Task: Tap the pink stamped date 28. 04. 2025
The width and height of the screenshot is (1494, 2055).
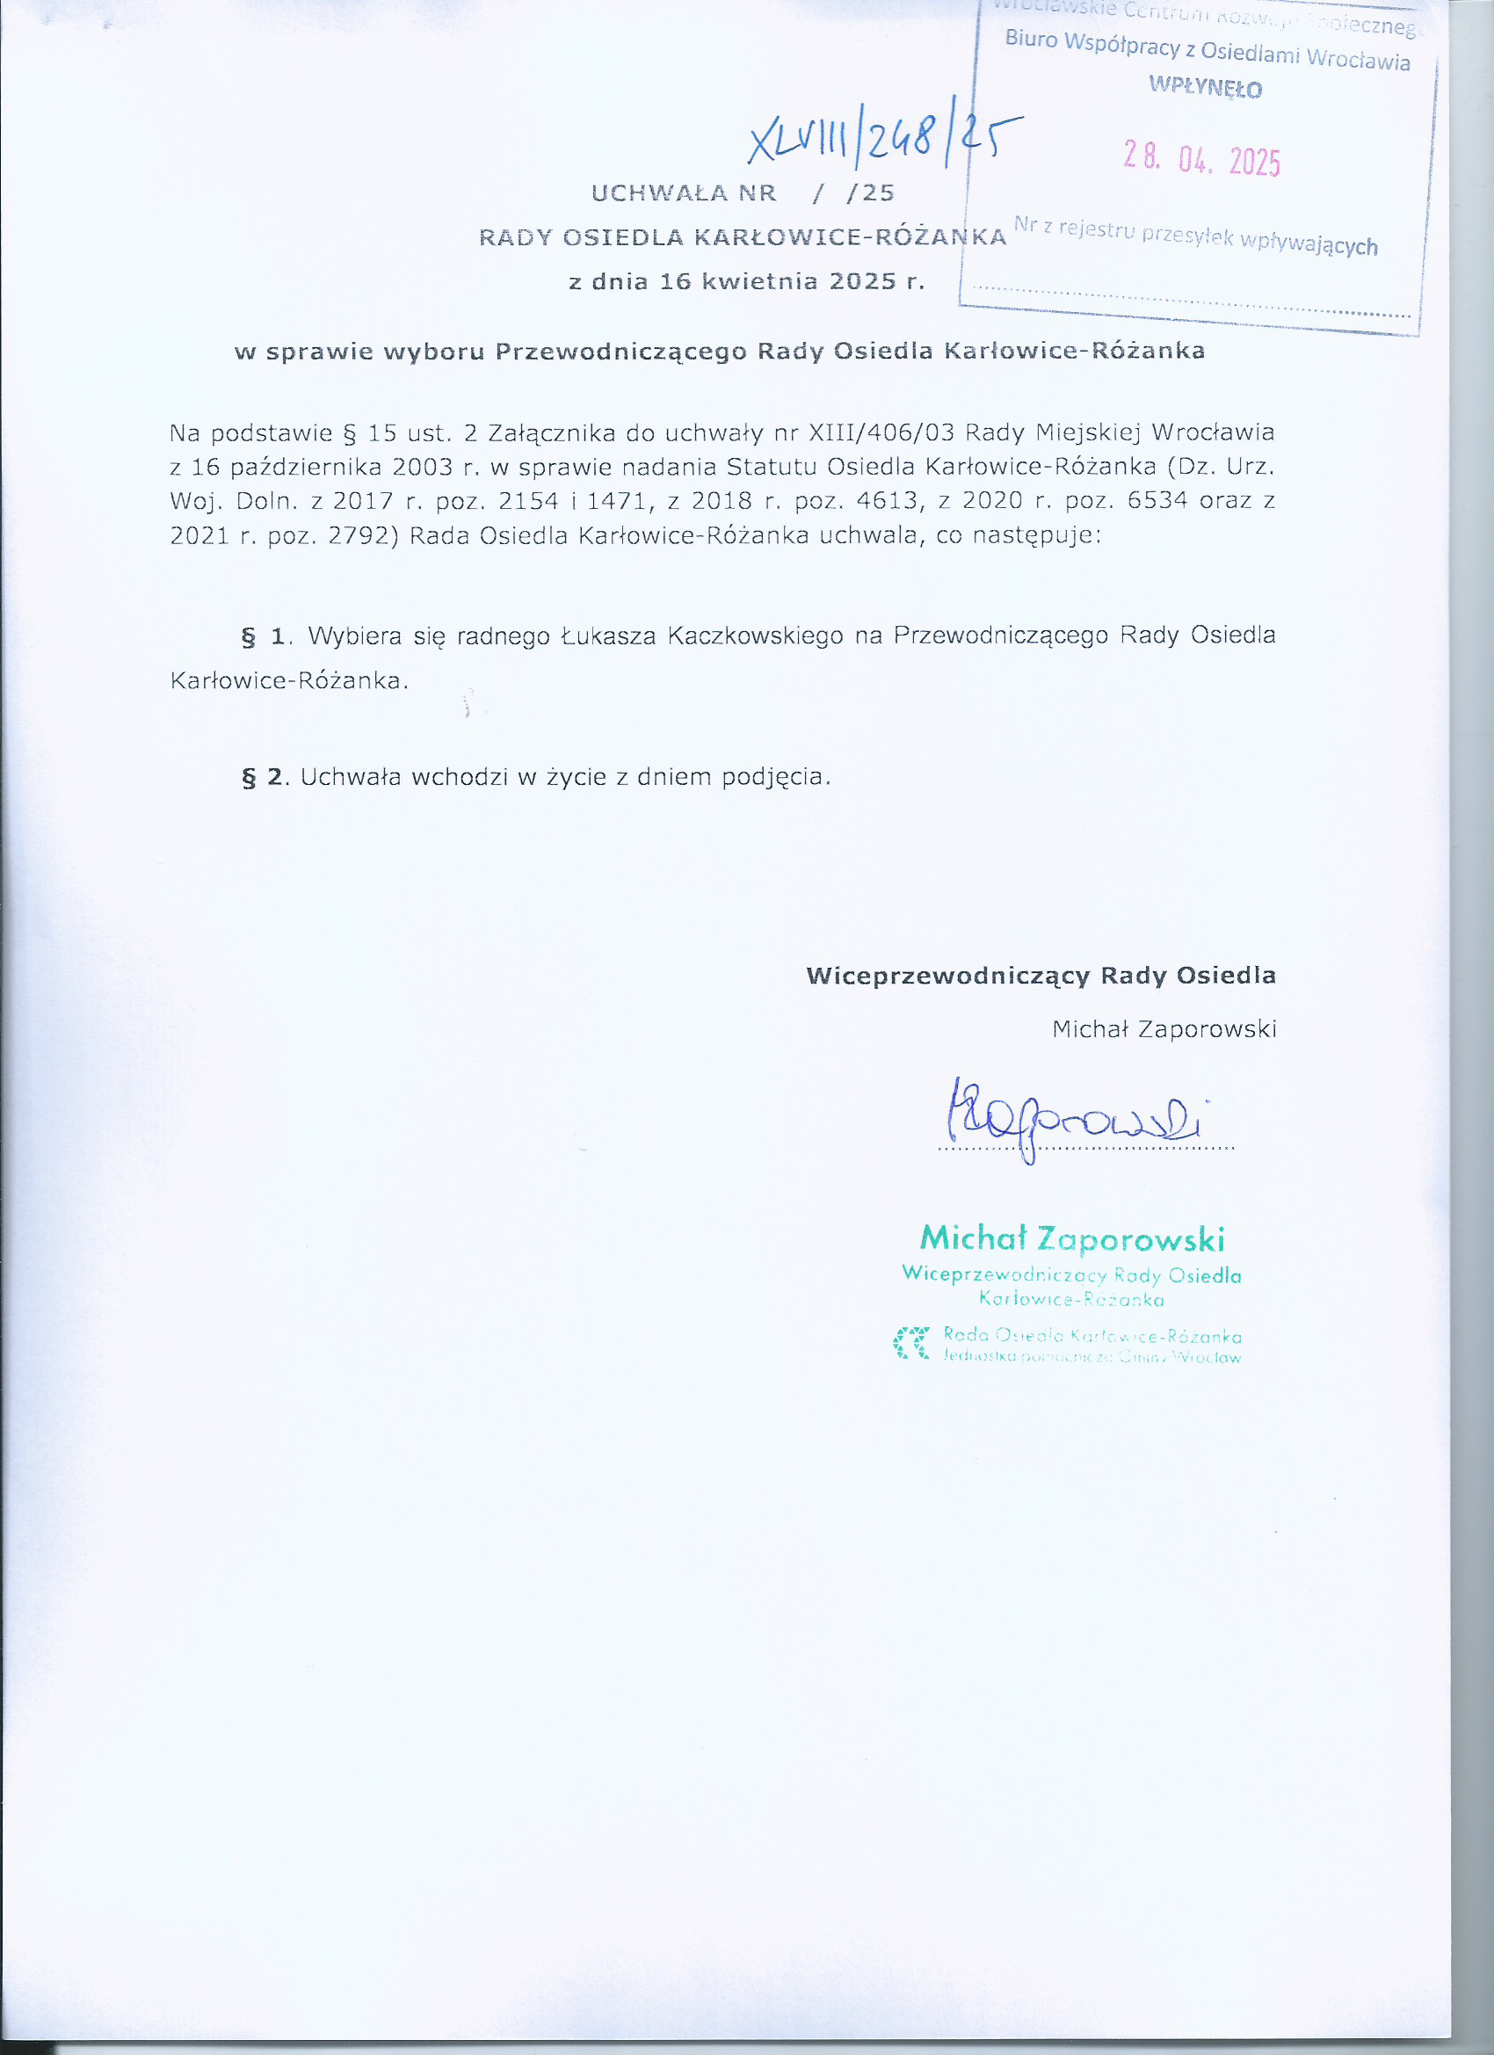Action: coord(1201,159)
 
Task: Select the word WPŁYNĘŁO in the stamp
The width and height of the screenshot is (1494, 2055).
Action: coord(1205,87)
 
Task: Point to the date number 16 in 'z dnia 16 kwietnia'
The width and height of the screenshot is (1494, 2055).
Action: coord(675,282)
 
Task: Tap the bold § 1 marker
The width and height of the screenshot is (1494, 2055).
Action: coord(264,637)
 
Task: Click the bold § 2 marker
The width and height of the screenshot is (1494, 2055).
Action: coord(264,777)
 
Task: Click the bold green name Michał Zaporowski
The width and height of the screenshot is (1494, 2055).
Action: coord(1072,1238)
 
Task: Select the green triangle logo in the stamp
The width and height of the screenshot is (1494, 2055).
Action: coord(911,1343)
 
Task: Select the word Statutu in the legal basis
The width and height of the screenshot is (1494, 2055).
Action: coord(771,468)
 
